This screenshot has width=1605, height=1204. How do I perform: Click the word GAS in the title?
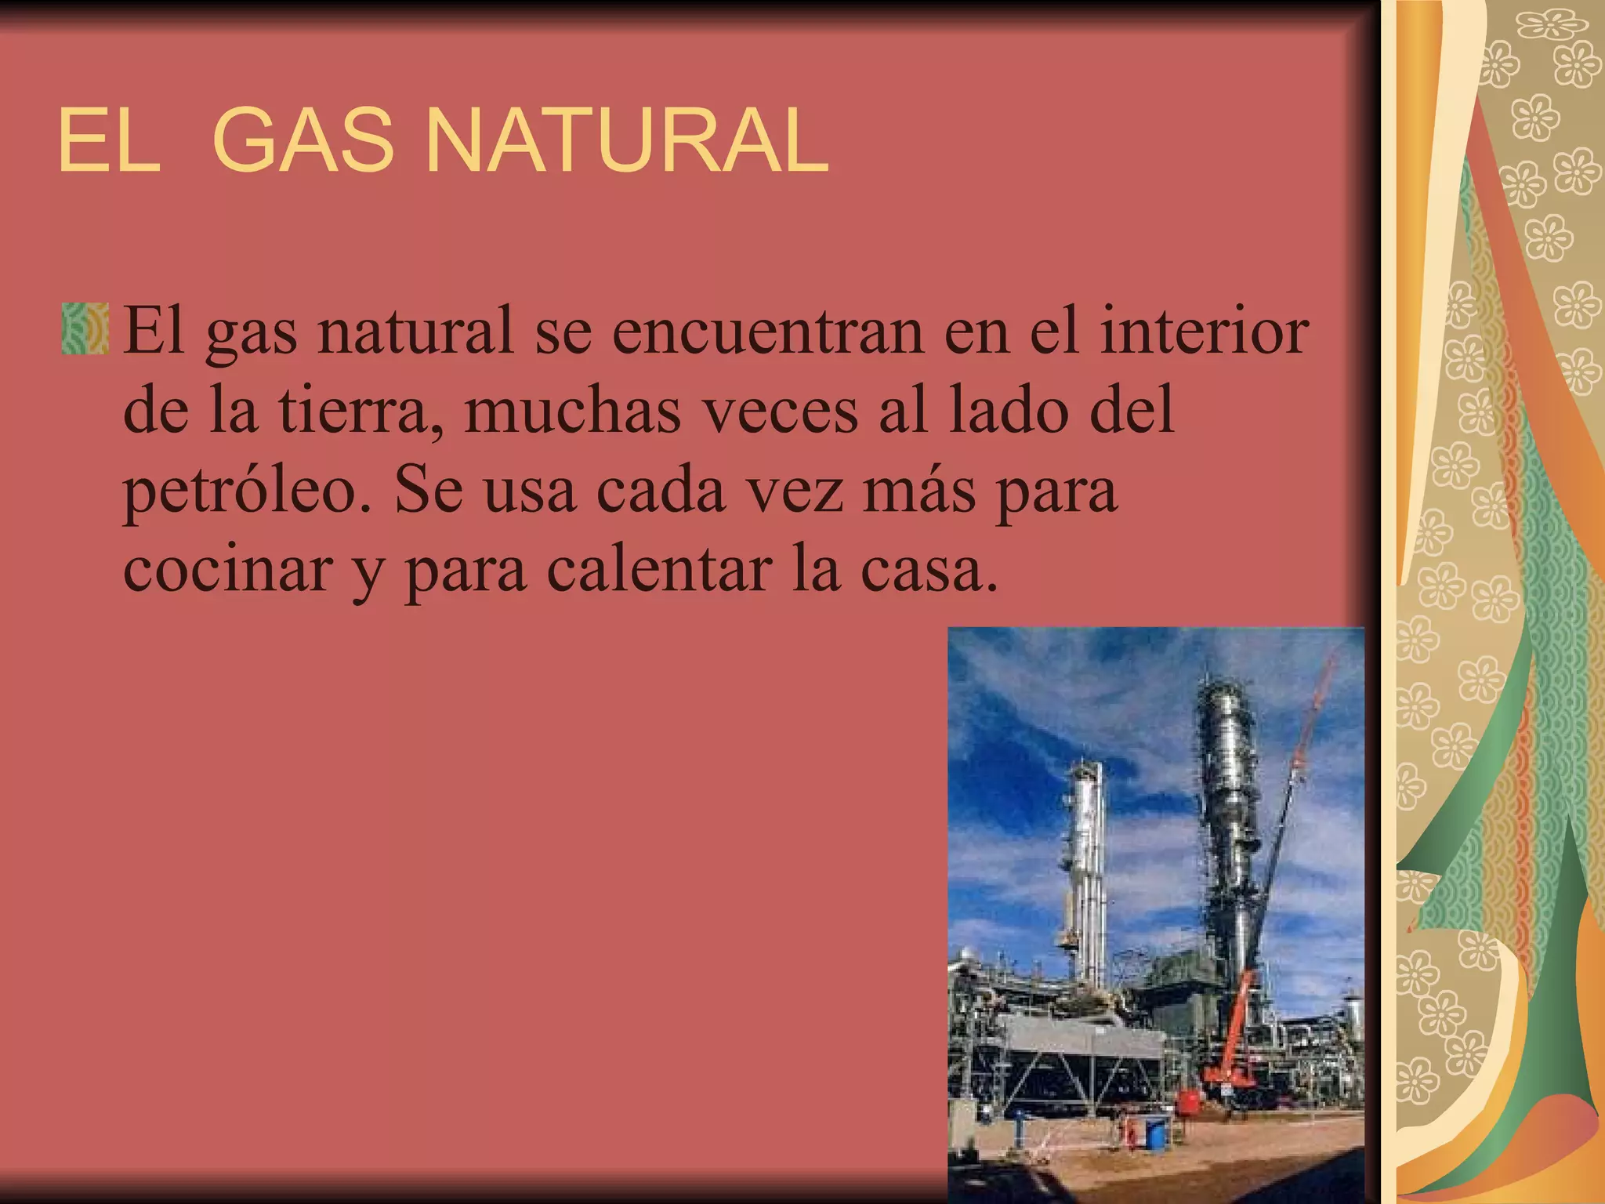(x=303, y=142)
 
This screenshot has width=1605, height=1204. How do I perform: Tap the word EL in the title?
(x=108, y=142)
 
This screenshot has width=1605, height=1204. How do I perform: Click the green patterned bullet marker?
(x=85, y=328)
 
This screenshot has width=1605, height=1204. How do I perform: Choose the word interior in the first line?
(x=1204, y=330)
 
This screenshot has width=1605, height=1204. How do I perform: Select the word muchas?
(x=572, y=412)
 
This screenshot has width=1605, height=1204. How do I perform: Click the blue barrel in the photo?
(x=1154, y=1130)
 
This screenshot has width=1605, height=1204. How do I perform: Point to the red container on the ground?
(x=1190, y=1101)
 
